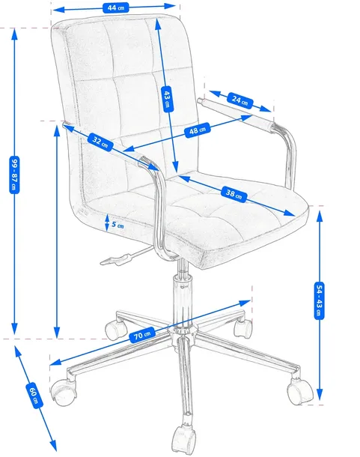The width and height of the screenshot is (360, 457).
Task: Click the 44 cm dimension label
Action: click(115, 7)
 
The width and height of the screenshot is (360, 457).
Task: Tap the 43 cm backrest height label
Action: click(167, 99)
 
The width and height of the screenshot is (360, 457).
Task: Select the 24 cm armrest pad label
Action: click(240, 100)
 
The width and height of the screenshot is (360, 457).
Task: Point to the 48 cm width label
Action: click(198, 130)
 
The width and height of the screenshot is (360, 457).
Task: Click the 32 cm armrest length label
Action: click(100, 142)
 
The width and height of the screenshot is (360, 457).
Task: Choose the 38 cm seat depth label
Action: click(234, 194)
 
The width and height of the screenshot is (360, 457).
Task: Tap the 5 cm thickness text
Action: click(118, 225)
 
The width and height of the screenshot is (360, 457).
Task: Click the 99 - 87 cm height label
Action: click(14, 175)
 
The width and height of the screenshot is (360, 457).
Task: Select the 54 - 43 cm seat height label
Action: click(320, 300)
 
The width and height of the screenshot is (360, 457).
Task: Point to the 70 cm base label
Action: click(142, 335)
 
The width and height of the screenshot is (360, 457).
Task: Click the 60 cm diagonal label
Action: click(34, 396)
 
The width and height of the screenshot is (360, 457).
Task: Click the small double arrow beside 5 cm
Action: click(107, 223)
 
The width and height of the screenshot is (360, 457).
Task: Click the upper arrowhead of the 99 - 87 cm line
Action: click(14, 34)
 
